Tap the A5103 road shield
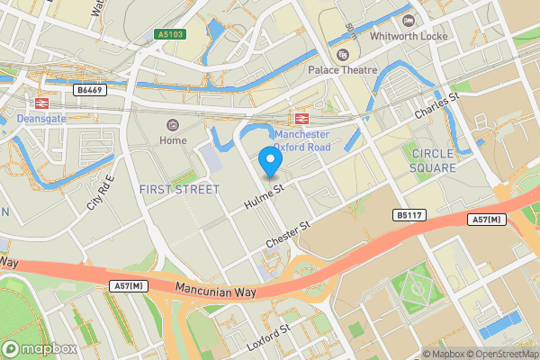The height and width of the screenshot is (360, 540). [172, 35]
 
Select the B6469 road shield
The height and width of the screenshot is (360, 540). [87, 90]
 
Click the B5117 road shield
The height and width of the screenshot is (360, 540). [408, 215]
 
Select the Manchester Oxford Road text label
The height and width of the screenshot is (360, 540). [301, 140]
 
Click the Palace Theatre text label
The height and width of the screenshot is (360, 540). [341, 69]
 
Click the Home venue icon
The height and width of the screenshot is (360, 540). [173, 124]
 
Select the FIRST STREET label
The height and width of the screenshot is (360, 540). [180, 189]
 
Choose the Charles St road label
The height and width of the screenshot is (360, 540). [437, 107]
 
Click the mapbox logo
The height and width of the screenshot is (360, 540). [39, 348]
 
